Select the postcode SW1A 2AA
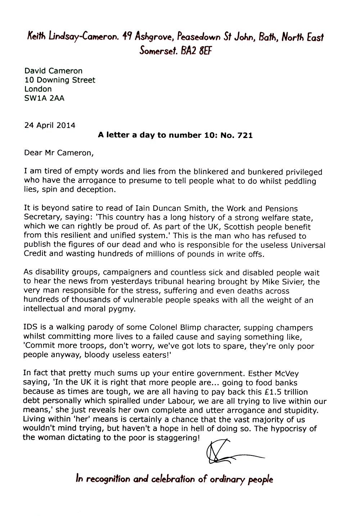coord(44,98)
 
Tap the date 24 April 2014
coord(50,125)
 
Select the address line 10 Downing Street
coord(60,80)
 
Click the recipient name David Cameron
coord(53,71)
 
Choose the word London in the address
coord(38,89)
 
